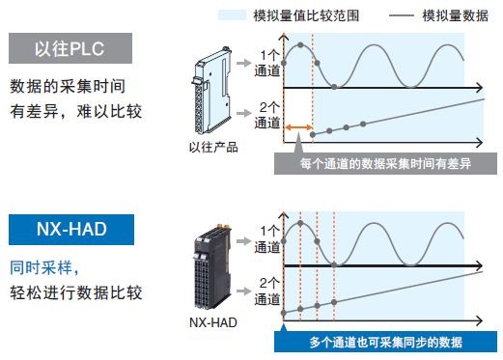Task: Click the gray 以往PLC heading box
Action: tap(70, 48)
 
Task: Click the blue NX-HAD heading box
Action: tap(71, 230)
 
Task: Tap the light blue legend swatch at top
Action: tap(232, 15)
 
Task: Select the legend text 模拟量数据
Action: tap(456, 15)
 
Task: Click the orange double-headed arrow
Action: tap(299, 127)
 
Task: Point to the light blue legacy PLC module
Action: tap(212, 91)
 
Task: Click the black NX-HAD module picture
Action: tap(212, 267)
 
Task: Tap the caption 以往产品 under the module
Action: tap(213, 148)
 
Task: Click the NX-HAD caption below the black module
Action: tap(213, 322)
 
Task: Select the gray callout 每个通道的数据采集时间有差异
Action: tap(385, 163)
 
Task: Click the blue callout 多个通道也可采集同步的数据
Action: tap(385, 343)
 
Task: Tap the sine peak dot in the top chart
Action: tap(300, 45)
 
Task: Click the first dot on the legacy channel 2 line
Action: tap(313, 134)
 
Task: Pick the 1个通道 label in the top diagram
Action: tap(267, 63)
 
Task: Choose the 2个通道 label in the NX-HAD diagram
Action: tap(267, 291)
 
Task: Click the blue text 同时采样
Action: tap(41, 267)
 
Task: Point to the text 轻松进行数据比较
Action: tap(76, 292)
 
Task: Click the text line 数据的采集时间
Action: tap(68, 86)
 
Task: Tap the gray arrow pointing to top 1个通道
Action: tap(243, 63)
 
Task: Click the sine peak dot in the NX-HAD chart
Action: tap(300, 223)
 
